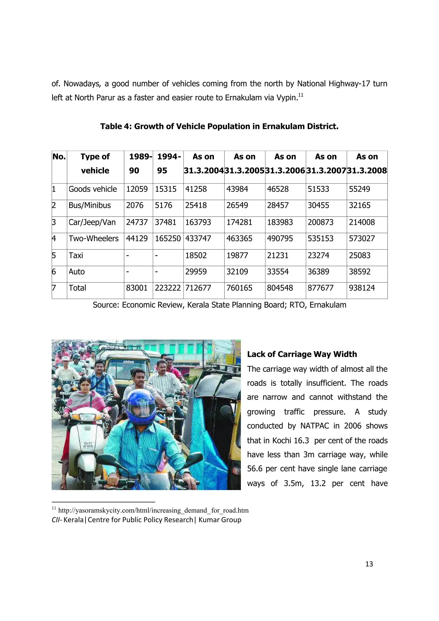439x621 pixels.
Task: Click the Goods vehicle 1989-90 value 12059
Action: click(x=137, y=189)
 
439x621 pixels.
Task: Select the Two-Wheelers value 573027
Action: click(x=362, y=238)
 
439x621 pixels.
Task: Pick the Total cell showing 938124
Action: click(x=362, y=288)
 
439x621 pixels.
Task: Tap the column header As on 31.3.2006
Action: click(x=285, y=164)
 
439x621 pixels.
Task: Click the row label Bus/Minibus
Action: click(x=90, y=205)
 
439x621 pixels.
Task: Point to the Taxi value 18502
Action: click(x=196, y=255)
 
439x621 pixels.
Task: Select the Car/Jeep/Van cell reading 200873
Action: click(x=320, y=222)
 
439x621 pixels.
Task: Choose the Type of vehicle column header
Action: click(x=95, y=164)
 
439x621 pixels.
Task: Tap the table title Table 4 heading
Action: click(x=219, y=126)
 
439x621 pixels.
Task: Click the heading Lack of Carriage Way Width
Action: click(x=302, y=354)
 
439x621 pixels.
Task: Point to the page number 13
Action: click(x=369, y=564)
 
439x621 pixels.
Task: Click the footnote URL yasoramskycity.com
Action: click(x=153, y=510)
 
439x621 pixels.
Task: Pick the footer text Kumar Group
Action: click(x=220, y=520)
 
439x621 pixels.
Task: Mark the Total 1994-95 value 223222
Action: click(x=168, y=288)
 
